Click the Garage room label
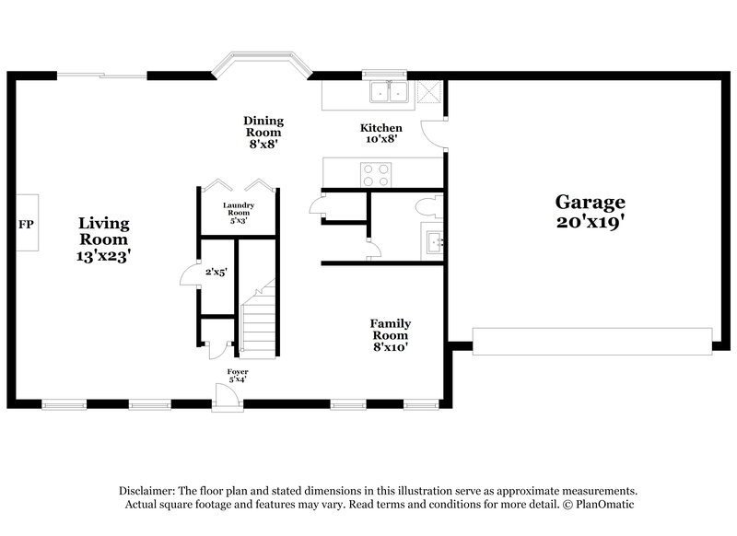coord(590,202)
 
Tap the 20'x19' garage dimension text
coord(590,224)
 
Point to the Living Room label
coord(103,231)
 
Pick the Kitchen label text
coord(380,128)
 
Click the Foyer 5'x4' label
coord(238,375)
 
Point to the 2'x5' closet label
coord(216,273)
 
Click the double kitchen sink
coord(389,91)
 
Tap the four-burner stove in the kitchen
coord(375,174)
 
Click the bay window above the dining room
coord(263,67)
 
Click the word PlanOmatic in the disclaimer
coord(604,506)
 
